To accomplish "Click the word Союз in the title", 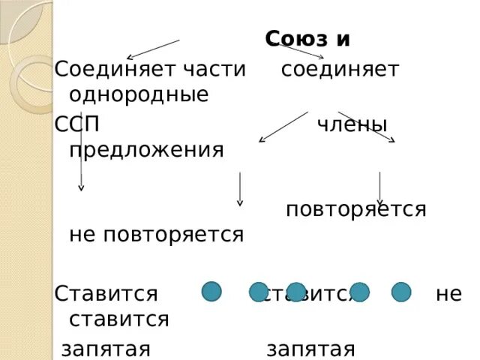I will click(295, 39).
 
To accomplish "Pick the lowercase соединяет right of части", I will click(340, 70).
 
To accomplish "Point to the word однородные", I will click(138, 94).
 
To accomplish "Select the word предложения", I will click(146, 148).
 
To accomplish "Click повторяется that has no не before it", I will click(356, 209).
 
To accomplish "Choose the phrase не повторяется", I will click(156, 234).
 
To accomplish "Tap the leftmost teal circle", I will click(212, 291).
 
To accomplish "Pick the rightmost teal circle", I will click(401, 292).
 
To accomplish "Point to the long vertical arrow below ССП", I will click(81, 150).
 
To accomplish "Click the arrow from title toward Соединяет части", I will click(153, 49).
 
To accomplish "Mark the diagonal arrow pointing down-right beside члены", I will click(367, 127).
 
